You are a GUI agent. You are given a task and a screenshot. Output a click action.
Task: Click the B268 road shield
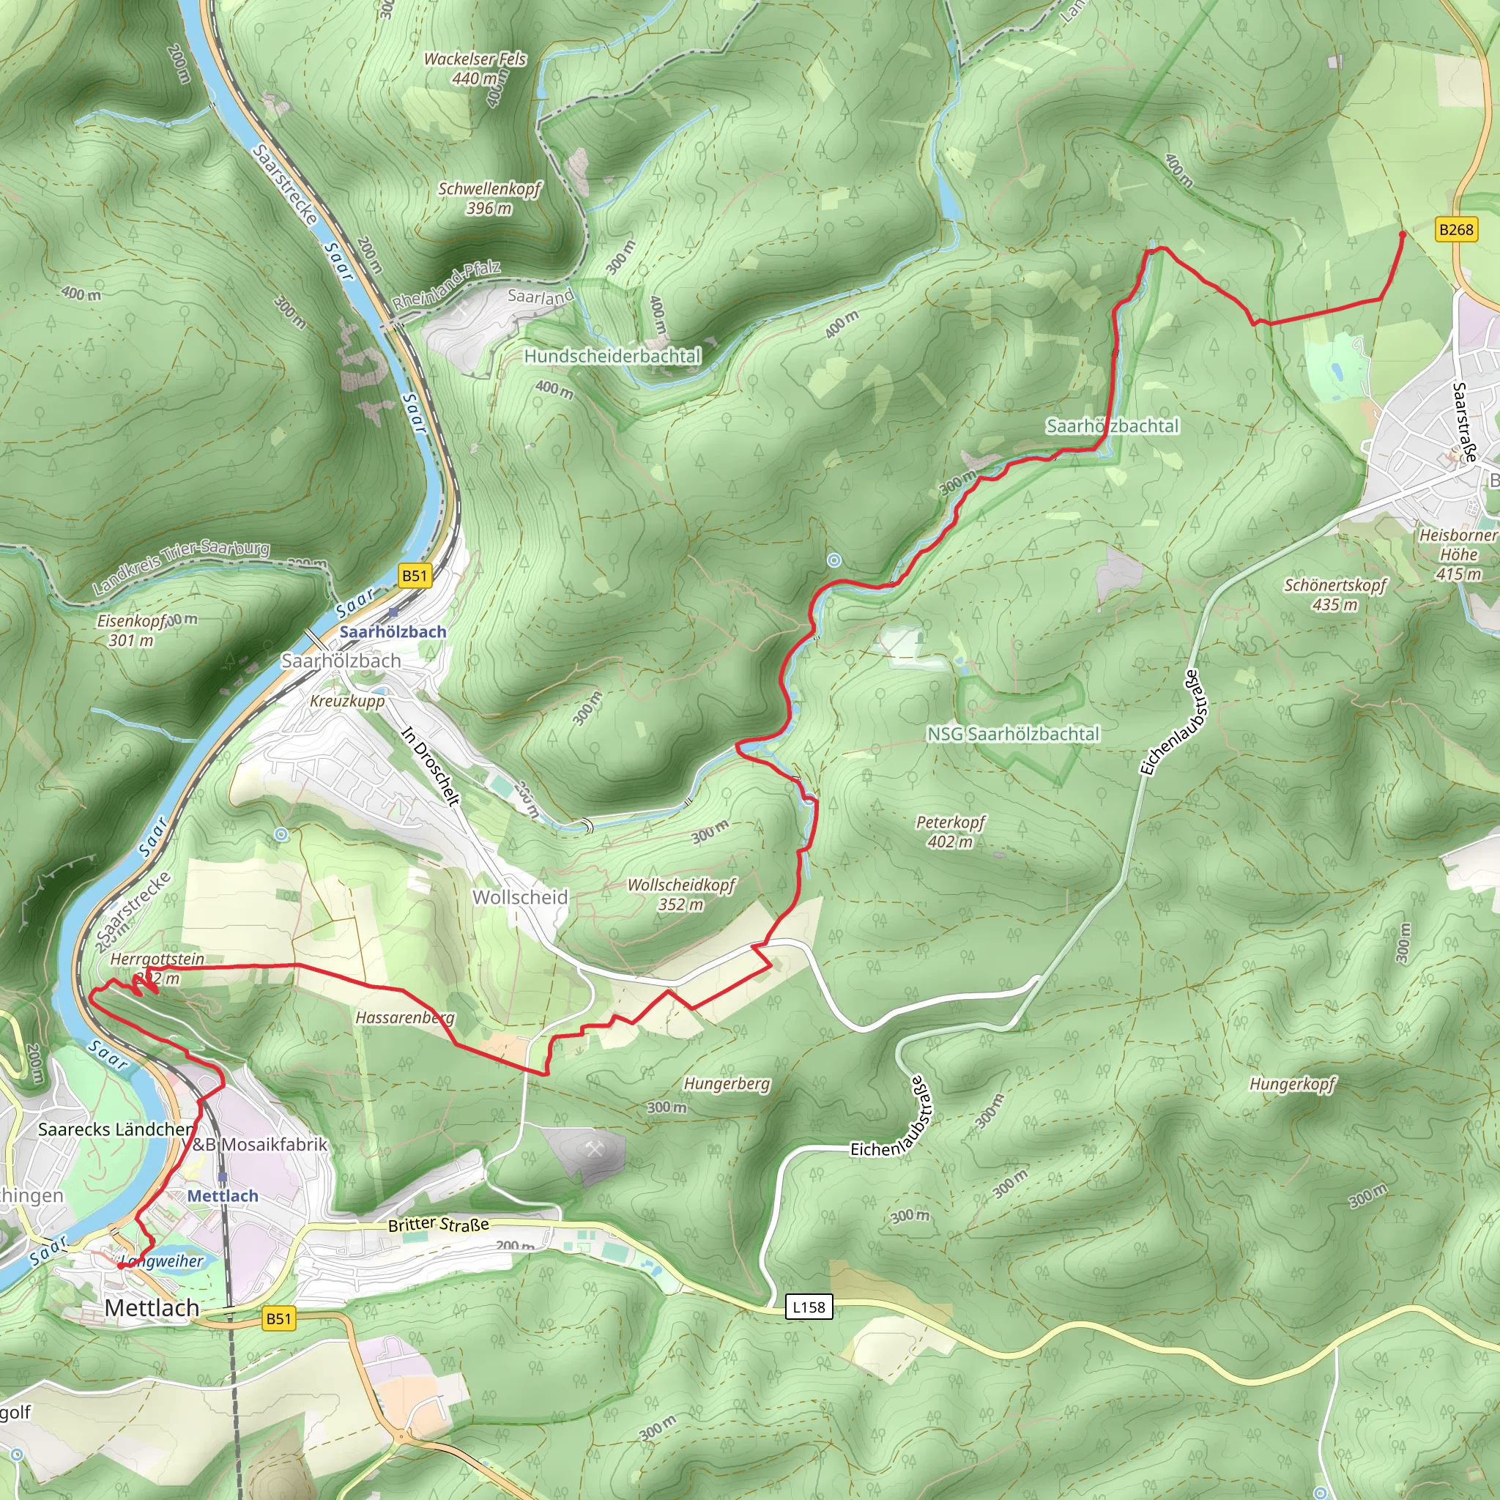pos(1456,229)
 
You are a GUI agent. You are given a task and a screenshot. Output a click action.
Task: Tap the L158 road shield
pos(809,1307)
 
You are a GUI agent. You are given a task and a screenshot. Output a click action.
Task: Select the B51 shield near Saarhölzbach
pos(415,575)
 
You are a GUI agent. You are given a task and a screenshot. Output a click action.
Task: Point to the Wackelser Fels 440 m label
pos(475,68)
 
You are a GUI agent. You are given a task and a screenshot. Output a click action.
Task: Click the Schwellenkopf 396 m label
pos(489,198)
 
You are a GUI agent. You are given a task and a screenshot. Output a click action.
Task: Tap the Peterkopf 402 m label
pos(950,831)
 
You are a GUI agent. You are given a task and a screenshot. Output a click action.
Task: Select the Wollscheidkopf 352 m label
pos(681,894)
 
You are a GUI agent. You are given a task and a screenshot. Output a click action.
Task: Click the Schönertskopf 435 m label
pos(1334,594)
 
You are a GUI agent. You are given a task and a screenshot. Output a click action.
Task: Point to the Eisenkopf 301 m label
pos(132,631)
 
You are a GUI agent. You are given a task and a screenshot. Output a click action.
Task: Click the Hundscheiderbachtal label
pos(612,357)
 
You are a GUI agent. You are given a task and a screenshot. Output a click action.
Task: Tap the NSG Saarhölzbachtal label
pos(1013,734)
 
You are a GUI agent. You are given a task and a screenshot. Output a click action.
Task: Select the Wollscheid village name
pos(520,896)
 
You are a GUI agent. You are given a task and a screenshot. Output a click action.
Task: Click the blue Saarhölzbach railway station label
pos(393,631)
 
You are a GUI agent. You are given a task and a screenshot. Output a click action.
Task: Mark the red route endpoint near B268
pos(1402,233)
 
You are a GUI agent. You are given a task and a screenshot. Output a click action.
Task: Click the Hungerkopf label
pos(1293,1083)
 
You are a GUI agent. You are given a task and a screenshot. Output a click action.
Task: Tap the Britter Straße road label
pos(439,1225)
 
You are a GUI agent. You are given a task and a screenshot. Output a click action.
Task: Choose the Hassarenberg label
pos(405,1017)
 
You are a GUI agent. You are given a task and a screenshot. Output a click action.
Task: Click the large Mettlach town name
pos(152,1307)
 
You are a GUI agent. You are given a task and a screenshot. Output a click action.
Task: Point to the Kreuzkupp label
pos(347,700)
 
